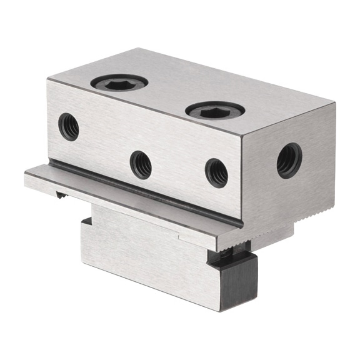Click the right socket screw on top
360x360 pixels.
point(214,112)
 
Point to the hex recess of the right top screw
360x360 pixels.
point(214,111)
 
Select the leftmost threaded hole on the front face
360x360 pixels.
point(69,127)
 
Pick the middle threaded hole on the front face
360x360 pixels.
point(141,165)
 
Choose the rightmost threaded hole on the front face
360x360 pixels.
point(216,172)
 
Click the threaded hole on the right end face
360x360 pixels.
point(289,160)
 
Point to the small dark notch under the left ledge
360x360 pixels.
point(61,196)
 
